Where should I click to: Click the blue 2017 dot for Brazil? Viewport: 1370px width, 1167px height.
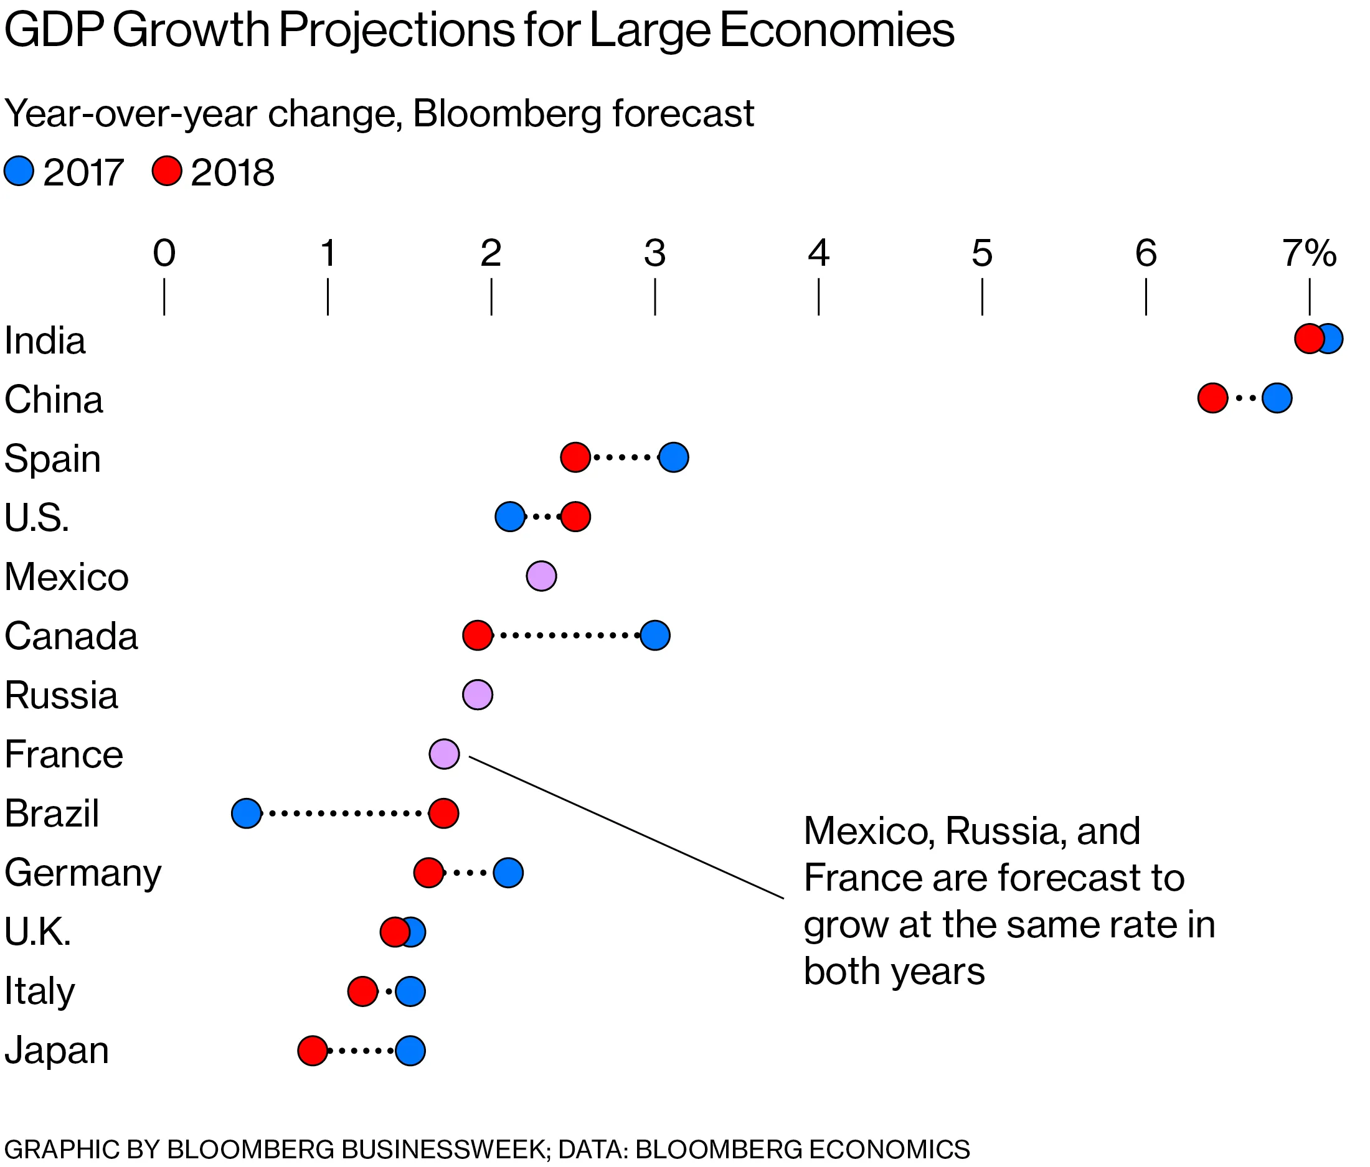point(247,813)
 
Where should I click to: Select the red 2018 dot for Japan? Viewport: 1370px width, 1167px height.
point(313,1050)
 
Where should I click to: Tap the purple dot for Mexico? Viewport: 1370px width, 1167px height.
point(542,576)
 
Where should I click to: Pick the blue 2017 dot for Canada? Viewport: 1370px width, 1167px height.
point(655,635)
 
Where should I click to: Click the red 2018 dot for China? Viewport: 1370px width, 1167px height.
point(1212,398)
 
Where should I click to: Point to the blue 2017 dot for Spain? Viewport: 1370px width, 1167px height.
point(674,457)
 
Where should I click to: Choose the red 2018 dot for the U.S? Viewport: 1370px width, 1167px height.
point(576,516)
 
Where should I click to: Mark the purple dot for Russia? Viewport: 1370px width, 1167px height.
point(478,695)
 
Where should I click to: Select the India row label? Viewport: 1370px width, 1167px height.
point(45,341)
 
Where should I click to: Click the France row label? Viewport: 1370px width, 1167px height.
point(64,754)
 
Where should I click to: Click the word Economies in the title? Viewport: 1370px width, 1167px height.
point(836,30)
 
